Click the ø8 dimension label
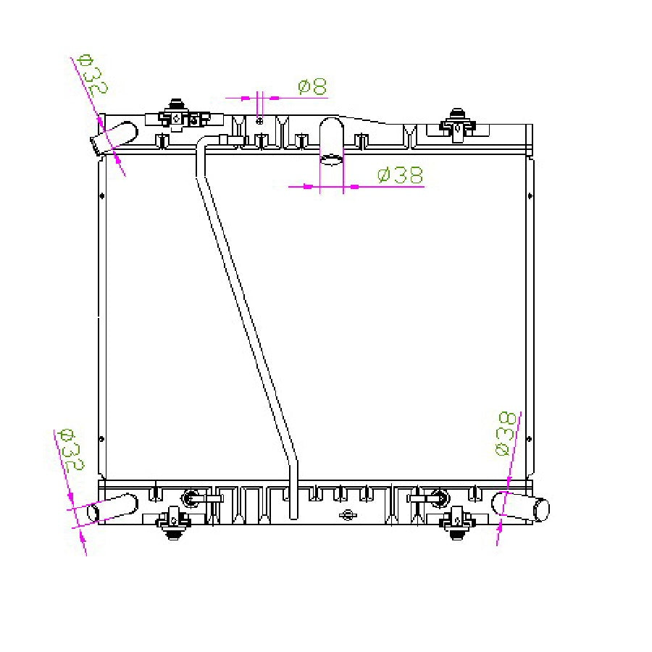pyautogui.click(x=313, y=86)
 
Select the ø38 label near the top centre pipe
pyautogui.click(x=400, y=175)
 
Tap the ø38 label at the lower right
pyautogui.click(x=506, y=434)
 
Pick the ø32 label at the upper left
pyautogui.click(x=93, y=75)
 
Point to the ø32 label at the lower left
pyautogui.click(x=72, y=450)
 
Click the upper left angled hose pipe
pyautogui.click(x=114, y=136)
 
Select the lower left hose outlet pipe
pyautogui.click(x=112, y=507)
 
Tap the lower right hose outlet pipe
pyautogui.click(x=521, y=506)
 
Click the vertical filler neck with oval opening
pyautogui.click(x=331, y=141)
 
